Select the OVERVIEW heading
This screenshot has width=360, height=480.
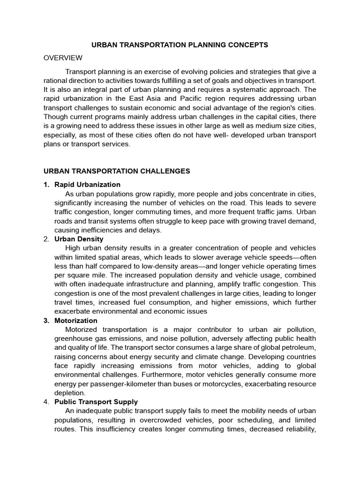63,58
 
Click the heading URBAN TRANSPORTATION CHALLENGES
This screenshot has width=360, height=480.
117,171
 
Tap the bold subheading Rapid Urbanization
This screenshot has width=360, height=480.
87,185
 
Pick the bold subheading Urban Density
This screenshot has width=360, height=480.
79,239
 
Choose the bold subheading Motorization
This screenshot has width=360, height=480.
76,321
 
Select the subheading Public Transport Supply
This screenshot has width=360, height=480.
96,402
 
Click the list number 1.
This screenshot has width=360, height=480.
46,185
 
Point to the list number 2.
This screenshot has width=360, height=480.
46,239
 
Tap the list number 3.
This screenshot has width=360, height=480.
46,321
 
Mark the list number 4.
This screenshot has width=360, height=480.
46,402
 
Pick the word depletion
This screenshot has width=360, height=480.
70,393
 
